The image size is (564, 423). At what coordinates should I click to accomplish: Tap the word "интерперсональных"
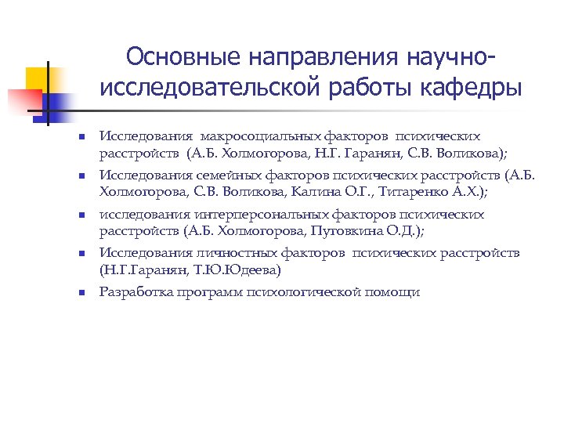tap(234, 214)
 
